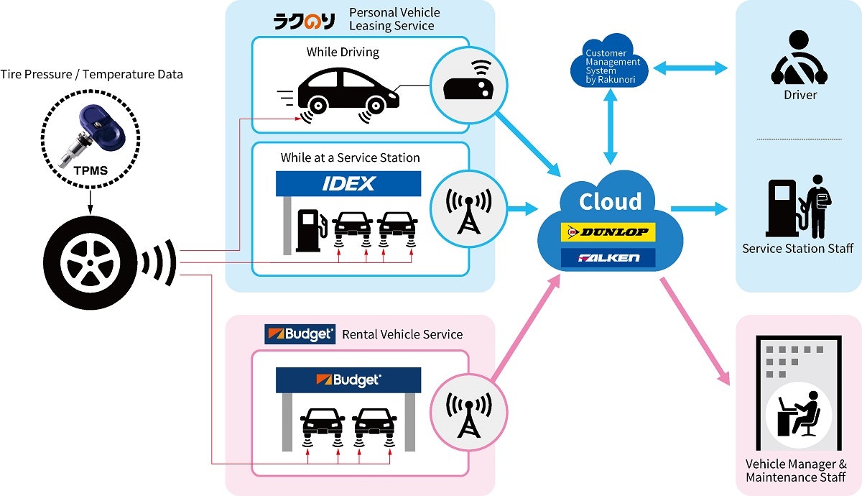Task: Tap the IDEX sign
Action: (x=348, y=183)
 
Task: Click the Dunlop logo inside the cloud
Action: (x=608, y=231)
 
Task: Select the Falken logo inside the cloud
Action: (x=608, y=257)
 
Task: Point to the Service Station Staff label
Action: (x=797, y=249)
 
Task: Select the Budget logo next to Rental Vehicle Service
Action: (x=300, y=334)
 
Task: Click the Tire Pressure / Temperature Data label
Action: (x=91, y=74)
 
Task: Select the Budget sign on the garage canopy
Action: (x=348, y=380)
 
